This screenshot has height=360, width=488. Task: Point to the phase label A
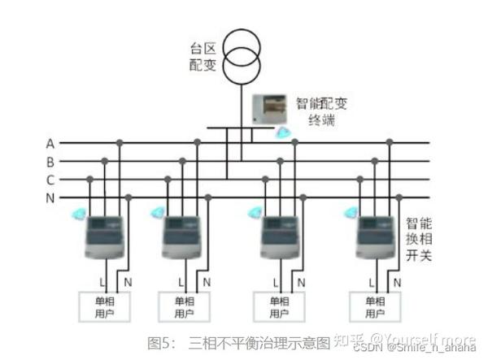click(x=50, y=144)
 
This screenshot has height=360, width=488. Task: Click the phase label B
click(x=50, y=162)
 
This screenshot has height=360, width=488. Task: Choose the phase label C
click(x=50, y=180)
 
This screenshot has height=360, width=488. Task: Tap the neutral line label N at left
click(x=50, y=197)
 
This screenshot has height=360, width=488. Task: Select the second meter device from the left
click(x=181, y=236)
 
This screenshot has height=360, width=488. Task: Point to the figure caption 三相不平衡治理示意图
click(x=259, y=340)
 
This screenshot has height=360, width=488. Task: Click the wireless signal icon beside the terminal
click(x=282, y=132)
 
